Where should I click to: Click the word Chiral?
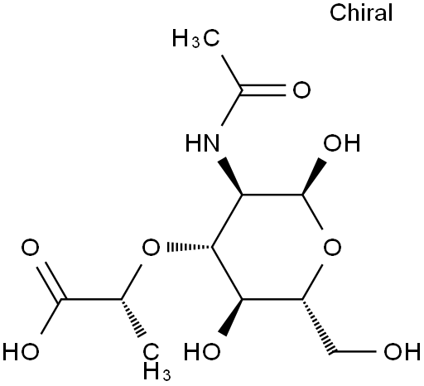(x=361, y=12)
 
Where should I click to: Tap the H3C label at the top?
(x=196, y=39)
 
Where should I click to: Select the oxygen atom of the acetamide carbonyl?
(x=301, y=89)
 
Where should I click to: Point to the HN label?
(x=203, y=143)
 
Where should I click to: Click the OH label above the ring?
(x=342, y=143)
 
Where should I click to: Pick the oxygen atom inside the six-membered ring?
(x=332, y=247)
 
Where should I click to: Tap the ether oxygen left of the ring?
(x=151, y=247)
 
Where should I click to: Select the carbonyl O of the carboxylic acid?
(x=30, y=247)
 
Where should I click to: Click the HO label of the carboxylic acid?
(x=21, y=351)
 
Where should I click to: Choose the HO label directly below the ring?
(x=202, y=351)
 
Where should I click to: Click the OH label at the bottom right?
(x=402, y=351)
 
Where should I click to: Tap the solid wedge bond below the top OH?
(x=315, y=176)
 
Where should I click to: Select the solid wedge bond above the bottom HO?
(x=231, y=317)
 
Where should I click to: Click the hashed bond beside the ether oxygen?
(x=190, y=247)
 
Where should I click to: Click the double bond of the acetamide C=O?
(x=263, y=89)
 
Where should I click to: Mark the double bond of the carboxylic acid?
(x=51, y=281)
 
